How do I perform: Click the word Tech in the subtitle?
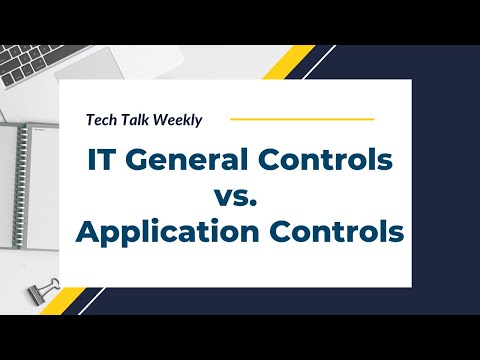101,120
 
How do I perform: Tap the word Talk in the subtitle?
136,120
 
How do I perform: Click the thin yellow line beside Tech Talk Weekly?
301,120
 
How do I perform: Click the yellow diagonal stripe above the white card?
293,62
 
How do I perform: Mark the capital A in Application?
89,233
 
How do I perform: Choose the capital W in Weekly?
162,120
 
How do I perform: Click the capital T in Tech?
90,120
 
